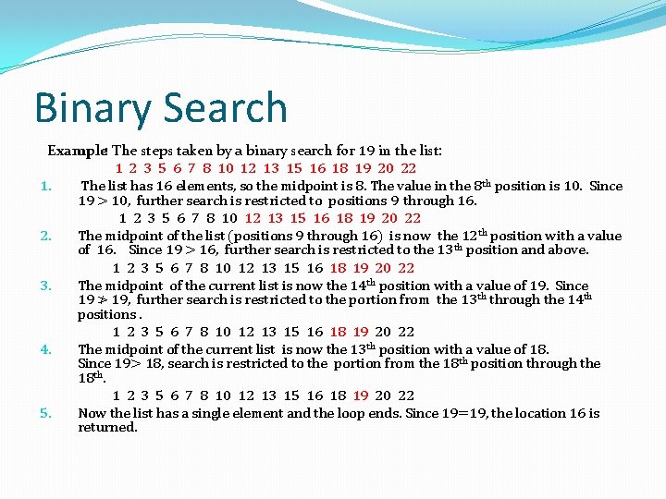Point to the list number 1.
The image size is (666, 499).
(45, 186)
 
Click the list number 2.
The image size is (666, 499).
(45, 236)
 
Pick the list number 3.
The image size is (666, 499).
(45, 286)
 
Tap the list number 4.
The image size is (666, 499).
(45, 349)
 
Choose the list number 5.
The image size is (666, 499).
(45, 413)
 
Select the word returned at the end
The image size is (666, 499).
(107, 427)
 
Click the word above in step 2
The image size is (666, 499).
(568, 249)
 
